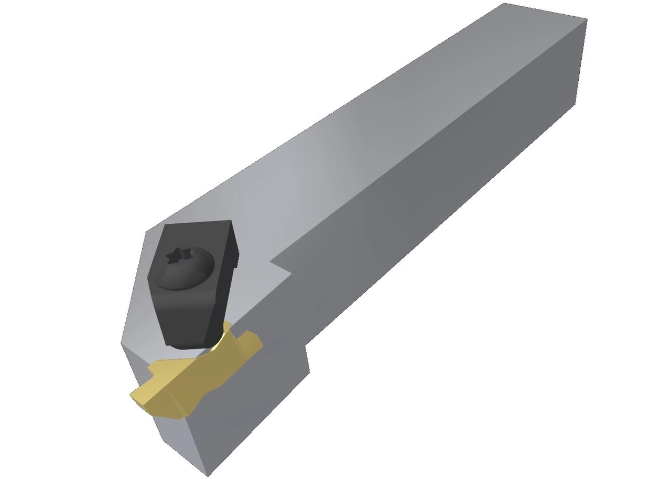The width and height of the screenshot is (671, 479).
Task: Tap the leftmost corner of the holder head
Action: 122,343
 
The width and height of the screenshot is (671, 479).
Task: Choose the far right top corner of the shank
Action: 586,20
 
